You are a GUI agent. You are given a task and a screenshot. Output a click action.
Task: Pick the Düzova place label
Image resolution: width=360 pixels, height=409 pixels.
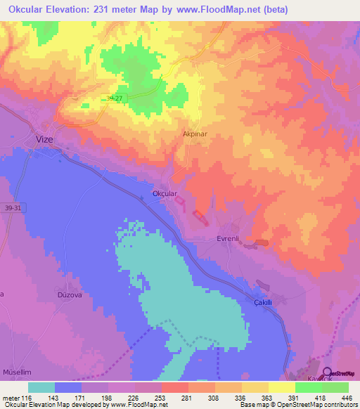point(70,295)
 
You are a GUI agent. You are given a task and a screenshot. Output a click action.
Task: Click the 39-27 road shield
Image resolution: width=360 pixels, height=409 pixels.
point(115,99)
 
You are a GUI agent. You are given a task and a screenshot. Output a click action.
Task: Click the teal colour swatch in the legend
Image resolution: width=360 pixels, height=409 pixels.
point(41,387)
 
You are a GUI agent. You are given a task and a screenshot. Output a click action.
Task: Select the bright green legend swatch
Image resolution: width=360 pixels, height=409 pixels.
point(308,387)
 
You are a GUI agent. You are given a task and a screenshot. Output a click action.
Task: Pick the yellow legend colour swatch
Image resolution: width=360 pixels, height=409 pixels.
point(281,387)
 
